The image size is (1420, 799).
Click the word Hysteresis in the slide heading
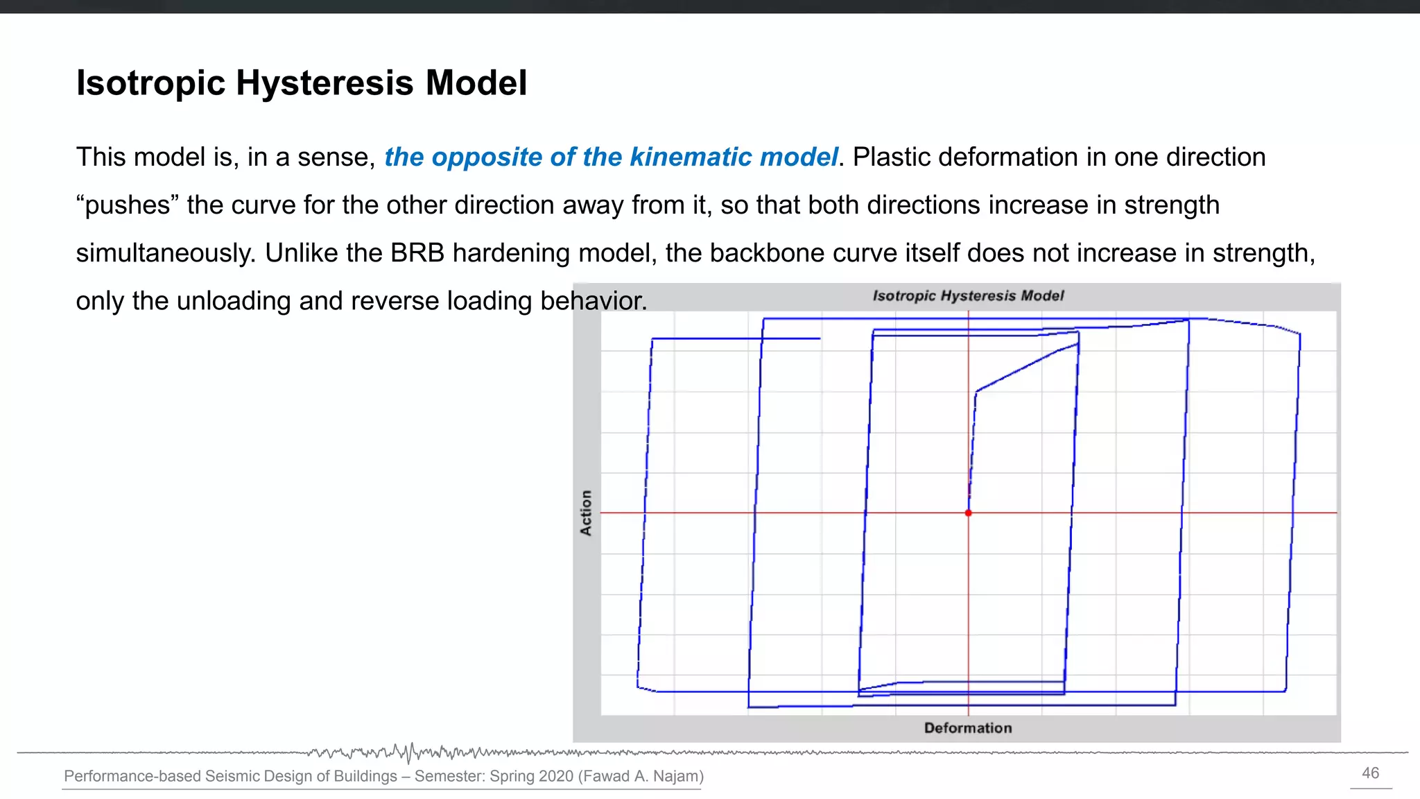pyautogui.click(x=324, y=83)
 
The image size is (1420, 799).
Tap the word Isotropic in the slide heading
pyautogui.click(x=150, y=83)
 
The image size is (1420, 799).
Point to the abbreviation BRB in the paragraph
pyautogui.click(x=417, y=253)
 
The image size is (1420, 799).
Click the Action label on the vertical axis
pyautogui.click(x=586, y=513)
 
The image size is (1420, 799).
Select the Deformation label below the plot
pyautogui.click(x=967, y=728)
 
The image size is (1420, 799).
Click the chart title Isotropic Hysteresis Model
pyautogui.click(x=967, y=296)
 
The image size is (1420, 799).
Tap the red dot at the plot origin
pyautogui.click(x=968, y=513)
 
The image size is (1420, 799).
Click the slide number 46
pyautogui.click(x=1370, y=773)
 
